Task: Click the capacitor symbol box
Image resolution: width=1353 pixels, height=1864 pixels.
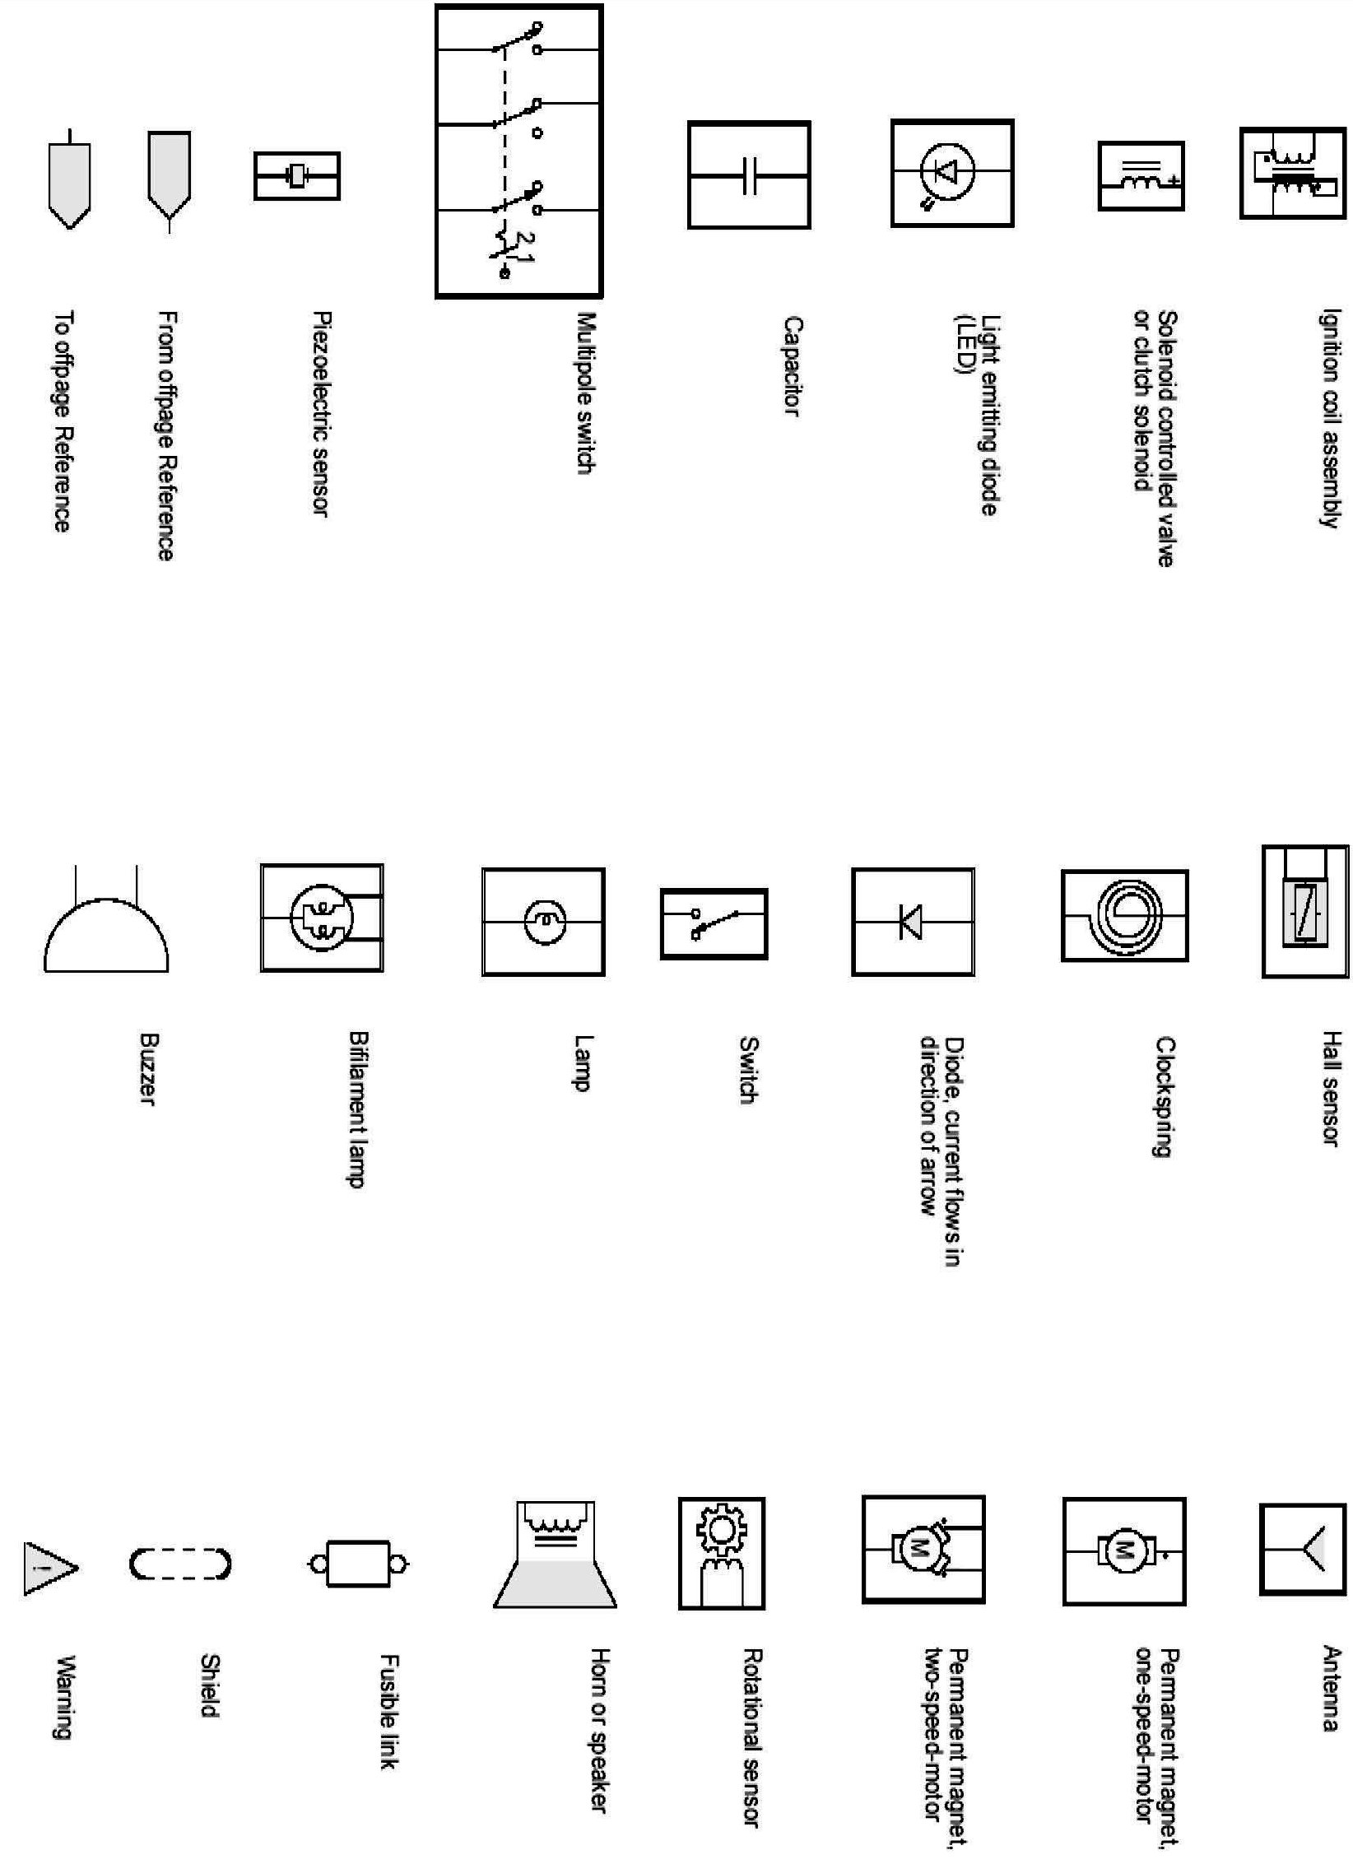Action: (749, 174)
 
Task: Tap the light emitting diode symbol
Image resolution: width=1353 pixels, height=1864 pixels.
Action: (952, 173)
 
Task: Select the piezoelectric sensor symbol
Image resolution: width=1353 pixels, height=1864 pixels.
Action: (296, 175)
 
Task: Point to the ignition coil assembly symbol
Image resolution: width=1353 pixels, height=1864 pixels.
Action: (1292, 173)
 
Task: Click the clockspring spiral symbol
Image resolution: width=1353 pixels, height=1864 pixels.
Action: (1124, 914)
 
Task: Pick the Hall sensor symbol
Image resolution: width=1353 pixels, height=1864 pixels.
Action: (1304, 911)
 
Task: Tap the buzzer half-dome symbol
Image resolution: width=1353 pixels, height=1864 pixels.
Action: (106, 932)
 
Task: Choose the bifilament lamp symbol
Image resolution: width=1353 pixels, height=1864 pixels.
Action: (322, 917)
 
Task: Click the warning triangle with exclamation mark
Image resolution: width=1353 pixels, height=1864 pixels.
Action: (48, 1569)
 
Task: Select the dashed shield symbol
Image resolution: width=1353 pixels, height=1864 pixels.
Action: (180, 1564)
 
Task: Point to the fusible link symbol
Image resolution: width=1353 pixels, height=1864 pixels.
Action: (358, 1564)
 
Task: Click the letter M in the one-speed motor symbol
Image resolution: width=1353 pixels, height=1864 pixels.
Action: (1123, 1551)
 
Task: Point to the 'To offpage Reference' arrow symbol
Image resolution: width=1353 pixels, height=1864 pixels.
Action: (70, 181)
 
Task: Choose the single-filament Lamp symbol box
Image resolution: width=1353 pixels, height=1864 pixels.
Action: (543, 922)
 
